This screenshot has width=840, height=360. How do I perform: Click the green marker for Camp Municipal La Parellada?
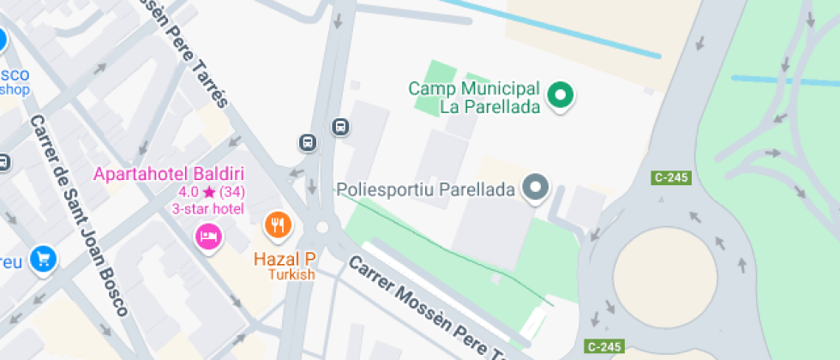tap(561, 95)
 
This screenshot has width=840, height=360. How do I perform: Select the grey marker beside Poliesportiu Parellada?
tap(537, 187)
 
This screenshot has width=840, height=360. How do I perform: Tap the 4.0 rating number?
tap(188, 192)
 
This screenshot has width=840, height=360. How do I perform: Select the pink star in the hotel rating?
tap(209, 192)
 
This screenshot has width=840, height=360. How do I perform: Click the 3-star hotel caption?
tap(208, 208)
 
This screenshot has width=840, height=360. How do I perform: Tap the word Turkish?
tap(291, 275)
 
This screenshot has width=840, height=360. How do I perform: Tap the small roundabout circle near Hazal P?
tap(323, 228)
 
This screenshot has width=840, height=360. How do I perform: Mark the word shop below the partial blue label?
tap(15, 90)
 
